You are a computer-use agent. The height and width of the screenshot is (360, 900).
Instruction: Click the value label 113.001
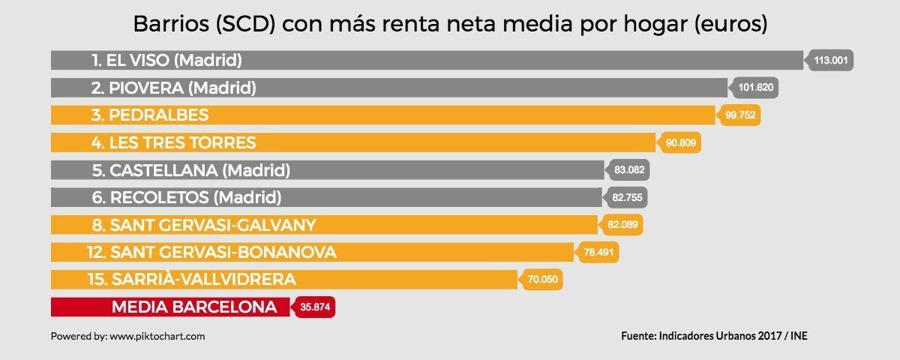click(x=831, y=60)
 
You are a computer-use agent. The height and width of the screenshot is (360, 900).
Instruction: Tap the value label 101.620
click(x=756, y=88)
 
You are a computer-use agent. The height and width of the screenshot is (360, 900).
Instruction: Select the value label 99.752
click(x=742, y=115)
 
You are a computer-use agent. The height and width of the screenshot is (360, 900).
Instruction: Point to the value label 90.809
click(x=683, y=142)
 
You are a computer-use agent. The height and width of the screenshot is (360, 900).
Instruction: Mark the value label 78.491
click(x=598, y=253)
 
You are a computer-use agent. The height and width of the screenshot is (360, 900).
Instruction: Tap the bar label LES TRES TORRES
click(x=173, y=142)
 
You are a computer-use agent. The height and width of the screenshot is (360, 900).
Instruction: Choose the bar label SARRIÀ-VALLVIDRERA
click(x=191, y=280)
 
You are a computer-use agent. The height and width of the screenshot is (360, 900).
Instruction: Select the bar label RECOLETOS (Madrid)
click(x=186, y=198)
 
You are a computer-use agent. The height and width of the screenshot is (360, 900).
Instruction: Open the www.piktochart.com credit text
click(x=157, y=337)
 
